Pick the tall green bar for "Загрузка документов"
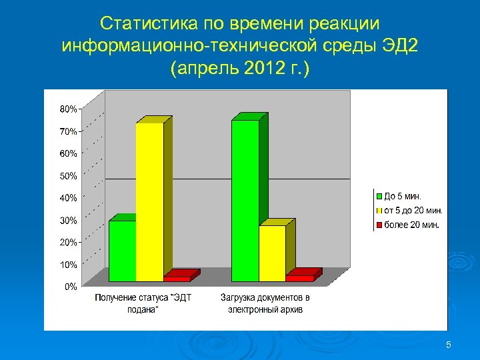tap(245, 200)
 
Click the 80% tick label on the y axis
tap(69, 109)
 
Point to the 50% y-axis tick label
tap(69, 176)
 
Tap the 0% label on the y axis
tap(70, 287)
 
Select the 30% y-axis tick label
tap(69, 220)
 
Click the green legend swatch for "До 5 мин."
tap(379, 196)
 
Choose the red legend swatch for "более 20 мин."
tap(379, 225)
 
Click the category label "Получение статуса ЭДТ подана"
tap(143, 303)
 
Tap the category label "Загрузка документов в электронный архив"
tap(265, 303)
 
